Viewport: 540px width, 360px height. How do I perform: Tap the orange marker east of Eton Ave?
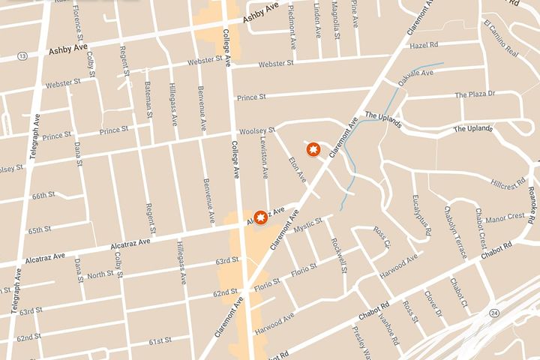[x=313, y=149]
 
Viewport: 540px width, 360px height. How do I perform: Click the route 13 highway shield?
[x=22, y=55]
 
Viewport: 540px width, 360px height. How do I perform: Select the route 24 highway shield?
[x=493, y=292]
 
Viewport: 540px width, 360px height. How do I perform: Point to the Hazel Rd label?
[x=423, y=45]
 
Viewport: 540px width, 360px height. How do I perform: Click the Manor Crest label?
[x=505, y=217]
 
